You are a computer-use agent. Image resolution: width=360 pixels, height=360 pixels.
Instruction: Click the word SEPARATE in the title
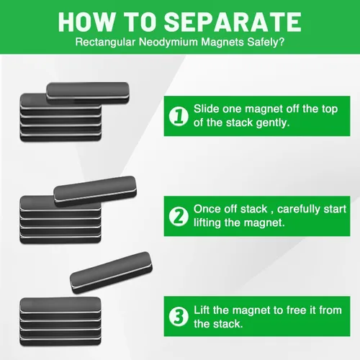point(233,22)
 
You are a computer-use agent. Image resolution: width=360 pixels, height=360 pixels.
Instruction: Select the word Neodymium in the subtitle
point(168,42)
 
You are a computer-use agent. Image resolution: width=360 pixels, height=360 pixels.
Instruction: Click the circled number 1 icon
point(179,116)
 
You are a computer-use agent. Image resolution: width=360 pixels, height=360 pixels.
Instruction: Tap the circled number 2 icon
point(179,216)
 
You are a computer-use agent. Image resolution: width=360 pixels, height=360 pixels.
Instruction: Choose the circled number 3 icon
point(179,317)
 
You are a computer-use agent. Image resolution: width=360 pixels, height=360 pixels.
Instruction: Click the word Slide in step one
point(207,109)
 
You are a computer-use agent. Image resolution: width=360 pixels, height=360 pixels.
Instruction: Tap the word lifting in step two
point(207,222)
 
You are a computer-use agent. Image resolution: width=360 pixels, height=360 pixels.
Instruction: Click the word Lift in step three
point(202,310)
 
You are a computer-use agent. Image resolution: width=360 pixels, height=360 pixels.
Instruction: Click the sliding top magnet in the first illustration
point(88,93)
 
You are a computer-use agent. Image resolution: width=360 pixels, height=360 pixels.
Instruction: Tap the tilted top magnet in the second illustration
point(95,192)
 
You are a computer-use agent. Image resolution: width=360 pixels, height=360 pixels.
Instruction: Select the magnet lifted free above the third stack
point(111,272)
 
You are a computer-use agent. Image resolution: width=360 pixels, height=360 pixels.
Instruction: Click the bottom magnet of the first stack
point(60,138)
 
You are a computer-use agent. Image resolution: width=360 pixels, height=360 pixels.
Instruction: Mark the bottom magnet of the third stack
point(60,341)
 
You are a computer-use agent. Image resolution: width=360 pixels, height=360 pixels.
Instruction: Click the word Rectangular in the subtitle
point(105,42)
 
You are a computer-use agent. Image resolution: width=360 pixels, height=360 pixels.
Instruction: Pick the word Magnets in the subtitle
point(222,42)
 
